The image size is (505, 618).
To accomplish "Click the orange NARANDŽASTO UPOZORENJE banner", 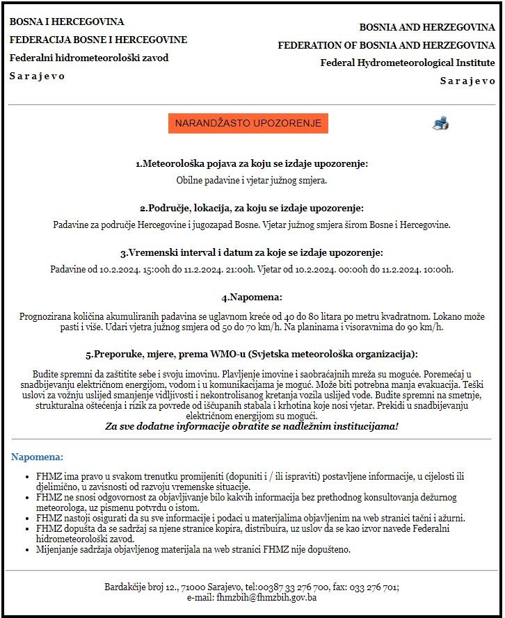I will pyautogui.click(x=248, y=123).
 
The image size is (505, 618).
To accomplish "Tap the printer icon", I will pyautogui.click(x=440, y=123).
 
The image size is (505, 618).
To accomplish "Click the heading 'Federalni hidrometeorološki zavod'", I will pyautogui.click(x=89, y=58).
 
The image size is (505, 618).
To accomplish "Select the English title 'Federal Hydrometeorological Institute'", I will pyautogui.click(x=408, y=63).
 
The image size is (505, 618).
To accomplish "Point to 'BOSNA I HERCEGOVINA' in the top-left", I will pyautogui.click(x=67, y=22).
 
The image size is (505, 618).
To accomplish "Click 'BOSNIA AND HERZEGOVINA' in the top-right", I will pyautogui.click(x=427, y=27).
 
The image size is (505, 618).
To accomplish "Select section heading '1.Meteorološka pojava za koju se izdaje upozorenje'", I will pyautogui.click(x=251, y=164).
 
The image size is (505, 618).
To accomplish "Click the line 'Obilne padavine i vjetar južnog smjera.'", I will pyautogui.click(x=251, y=180).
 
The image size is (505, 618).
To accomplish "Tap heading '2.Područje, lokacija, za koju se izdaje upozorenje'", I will pyautogui.click(x=251, y=208).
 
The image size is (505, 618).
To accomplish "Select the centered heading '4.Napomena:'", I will pyautogui.click(x=251, y=298).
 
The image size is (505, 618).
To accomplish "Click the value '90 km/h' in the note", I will pyautogui.click(x=426, y=327).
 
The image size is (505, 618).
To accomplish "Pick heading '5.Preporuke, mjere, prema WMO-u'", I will pyautogui.click(x=251, y=354).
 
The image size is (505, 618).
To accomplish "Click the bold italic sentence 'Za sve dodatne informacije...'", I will pyautogui.click(x=251, y=425).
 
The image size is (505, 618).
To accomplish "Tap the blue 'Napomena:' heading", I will pyautogui.click(x=37, y=457).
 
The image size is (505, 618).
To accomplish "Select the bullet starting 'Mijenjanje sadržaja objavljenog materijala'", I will pyautogui.click(x=193, y=549).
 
